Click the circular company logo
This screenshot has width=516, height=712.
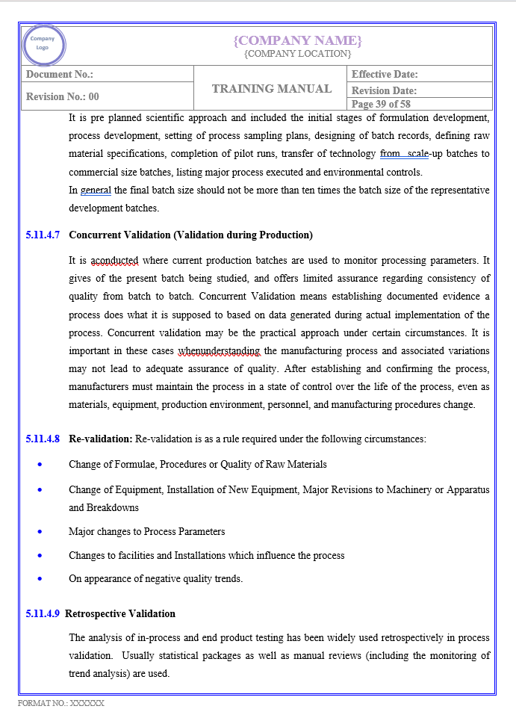[x=44, y=45]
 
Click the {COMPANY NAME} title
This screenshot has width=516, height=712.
[x=297, y=40]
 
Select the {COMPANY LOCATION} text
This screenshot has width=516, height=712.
[x=297, y=54]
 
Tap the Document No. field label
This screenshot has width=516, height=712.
[x=60, y=74]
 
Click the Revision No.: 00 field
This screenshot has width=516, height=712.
[x=63, y=96]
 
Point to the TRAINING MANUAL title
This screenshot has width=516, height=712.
[x=272, y=89]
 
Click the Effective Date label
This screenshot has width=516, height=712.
[x=385, y=74]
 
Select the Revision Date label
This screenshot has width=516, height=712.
[x=384, y=90]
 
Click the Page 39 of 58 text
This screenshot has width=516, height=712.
[x=381, y=104]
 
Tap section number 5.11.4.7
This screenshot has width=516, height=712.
[x=43, y=235]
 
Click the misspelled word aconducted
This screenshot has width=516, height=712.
[x=114, y=261]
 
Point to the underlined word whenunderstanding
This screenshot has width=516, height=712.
[x=219, y=350]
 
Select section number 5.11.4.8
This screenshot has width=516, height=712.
[x=43, y=439]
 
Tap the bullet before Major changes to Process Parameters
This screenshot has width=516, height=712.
[x=40, y=532]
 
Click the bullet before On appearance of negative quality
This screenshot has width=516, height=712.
[x=40, y=579]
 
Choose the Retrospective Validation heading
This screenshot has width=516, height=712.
[x=120, y=614]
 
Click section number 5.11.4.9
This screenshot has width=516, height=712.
[x=43, y=614]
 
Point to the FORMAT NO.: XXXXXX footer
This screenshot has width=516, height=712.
[x=61, y=703]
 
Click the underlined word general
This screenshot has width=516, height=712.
[x=96, y=190]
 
